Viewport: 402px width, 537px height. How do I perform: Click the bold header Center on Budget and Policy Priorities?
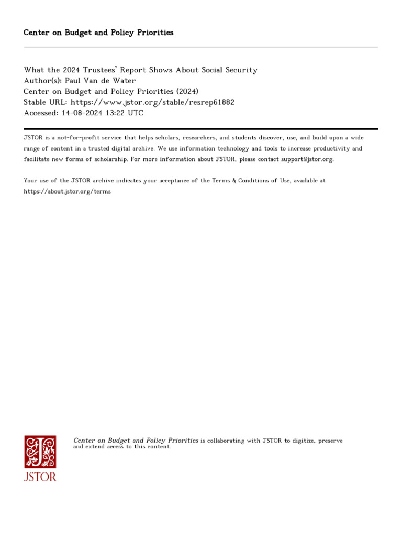click(x=98, y=33)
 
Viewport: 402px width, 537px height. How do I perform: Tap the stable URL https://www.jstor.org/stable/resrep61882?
click(x=152, y=102)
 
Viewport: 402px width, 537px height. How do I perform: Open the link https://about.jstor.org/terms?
click(x=67, y=191)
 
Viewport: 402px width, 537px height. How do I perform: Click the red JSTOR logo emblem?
click(x=40, y=452)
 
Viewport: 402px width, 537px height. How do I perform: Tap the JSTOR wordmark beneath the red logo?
click(x=40, y=477)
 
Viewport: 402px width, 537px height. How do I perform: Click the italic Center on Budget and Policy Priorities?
click(x=136, y=441)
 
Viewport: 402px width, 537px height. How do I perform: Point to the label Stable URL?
click(x=46, y=102)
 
